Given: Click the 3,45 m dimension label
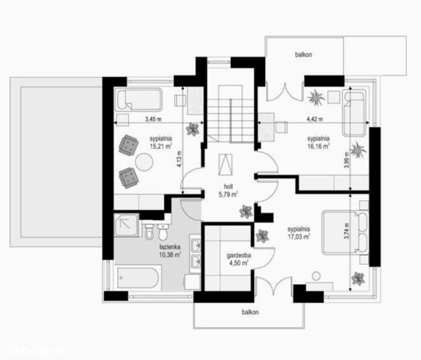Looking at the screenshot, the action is (153, 119).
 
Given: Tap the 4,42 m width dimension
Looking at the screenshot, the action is (315, 119).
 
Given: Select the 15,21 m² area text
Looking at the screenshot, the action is (161, 146).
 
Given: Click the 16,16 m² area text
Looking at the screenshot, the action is (318, 146).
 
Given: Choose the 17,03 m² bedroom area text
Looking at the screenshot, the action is (299, 237).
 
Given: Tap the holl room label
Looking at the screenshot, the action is (228, 187).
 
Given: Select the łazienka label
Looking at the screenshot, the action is (170, 247).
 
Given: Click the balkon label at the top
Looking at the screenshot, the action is (303, 55).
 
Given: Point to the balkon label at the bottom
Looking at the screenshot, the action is (250, 312).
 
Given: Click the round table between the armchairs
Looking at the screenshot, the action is (144, 161).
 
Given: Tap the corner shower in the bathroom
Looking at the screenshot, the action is (126, 225).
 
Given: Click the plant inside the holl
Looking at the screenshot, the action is (246, 211).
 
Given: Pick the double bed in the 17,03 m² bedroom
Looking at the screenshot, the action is (345, 232).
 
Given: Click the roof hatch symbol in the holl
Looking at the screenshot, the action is (225, 165).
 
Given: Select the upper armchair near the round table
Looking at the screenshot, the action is (129, 145).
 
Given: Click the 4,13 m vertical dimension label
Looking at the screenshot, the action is (179, 159).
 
